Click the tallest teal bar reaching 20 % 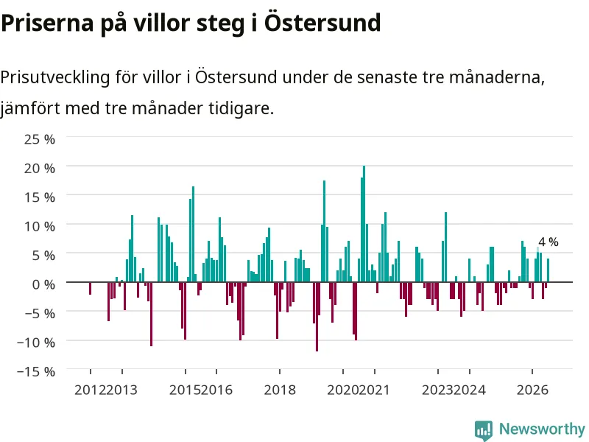364,224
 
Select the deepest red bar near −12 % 317,317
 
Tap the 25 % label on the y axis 40,139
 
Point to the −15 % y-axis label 36,372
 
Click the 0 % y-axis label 43,284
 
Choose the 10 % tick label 40,227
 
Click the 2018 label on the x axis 280,390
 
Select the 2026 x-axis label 532,390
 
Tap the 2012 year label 90,390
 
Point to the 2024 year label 470,390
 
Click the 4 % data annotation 549,242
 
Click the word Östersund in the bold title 322,23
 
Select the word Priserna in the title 47,24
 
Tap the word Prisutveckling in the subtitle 55,78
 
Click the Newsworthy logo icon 484,429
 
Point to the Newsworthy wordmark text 542,429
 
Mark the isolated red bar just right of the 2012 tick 90,288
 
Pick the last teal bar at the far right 548,270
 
